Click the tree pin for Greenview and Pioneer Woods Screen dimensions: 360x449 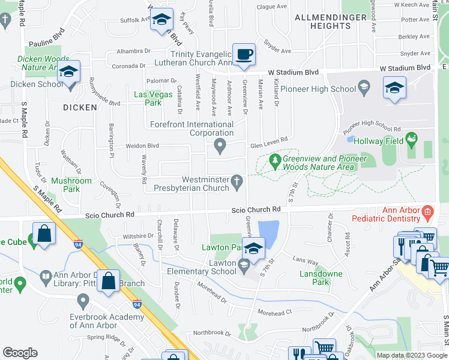point(275,160)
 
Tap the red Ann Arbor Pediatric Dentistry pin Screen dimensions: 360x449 point(427,211)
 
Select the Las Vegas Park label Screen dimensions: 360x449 point(148,98)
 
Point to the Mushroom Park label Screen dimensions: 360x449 point(71,184)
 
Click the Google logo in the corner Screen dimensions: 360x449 point(20,353)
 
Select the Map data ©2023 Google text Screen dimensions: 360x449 point(411,355)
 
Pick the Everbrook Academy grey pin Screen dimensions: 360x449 point(83,299)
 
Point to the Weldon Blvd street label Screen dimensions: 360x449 point(142,146)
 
